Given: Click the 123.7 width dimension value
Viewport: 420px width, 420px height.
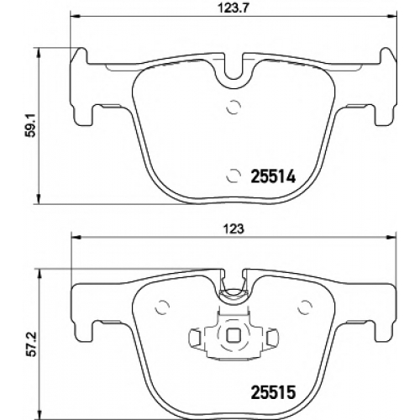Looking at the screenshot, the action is pos(234,8).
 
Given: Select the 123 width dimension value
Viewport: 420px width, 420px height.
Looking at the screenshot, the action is pos(234,229).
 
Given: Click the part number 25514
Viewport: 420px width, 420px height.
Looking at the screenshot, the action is pos(273,176).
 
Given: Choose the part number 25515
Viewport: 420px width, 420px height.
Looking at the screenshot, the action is pos(273,392).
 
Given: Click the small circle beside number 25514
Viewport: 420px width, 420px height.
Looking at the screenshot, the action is pos(234,176).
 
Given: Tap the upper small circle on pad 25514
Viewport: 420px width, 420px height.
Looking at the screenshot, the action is pos(234,107).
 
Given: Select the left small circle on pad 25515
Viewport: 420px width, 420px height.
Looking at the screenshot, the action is pos(162,307).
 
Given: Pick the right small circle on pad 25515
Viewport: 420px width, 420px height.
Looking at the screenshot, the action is pos(305,307).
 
